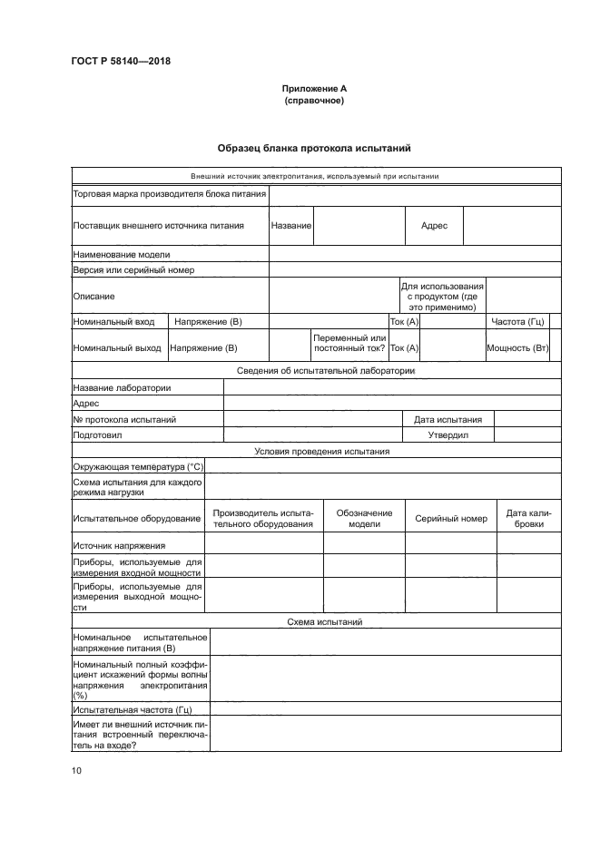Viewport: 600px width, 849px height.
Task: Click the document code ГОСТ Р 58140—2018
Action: (x=121, y=62)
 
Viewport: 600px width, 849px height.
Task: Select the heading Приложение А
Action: (x=314, y=89)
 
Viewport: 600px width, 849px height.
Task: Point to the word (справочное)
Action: (x=314, y=101)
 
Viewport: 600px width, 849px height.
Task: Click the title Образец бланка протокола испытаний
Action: (x=315, y=148)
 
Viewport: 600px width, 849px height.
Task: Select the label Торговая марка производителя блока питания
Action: (x=169, y=193)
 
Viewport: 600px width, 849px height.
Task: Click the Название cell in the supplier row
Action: (x=291, y=225)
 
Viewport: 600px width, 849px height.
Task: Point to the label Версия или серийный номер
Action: (x=133, y=269)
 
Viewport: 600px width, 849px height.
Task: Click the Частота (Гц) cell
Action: (x=516, y=321)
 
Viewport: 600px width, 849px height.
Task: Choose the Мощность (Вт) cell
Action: (x=517, y=347)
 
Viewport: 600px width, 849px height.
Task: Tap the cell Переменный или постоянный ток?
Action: (x=349, y=343)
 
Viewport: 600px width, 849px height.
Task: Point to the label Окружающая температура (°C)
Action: (x=139, y=466)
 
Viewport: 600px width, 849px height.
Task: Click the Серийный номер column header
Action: (x=451, y=518)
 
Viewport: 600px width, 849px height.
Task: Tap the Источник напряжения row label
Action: (x=119, y=544)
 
